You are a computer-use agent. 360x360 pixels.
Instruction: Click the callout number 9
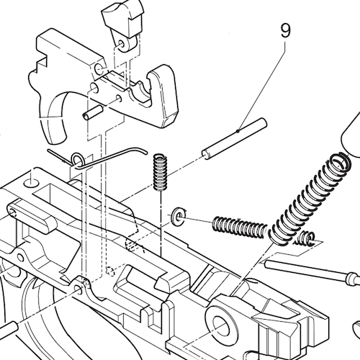coord(286,32)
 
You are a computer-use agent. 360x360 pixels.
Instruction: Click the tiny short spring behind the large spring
coord(307,240)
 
